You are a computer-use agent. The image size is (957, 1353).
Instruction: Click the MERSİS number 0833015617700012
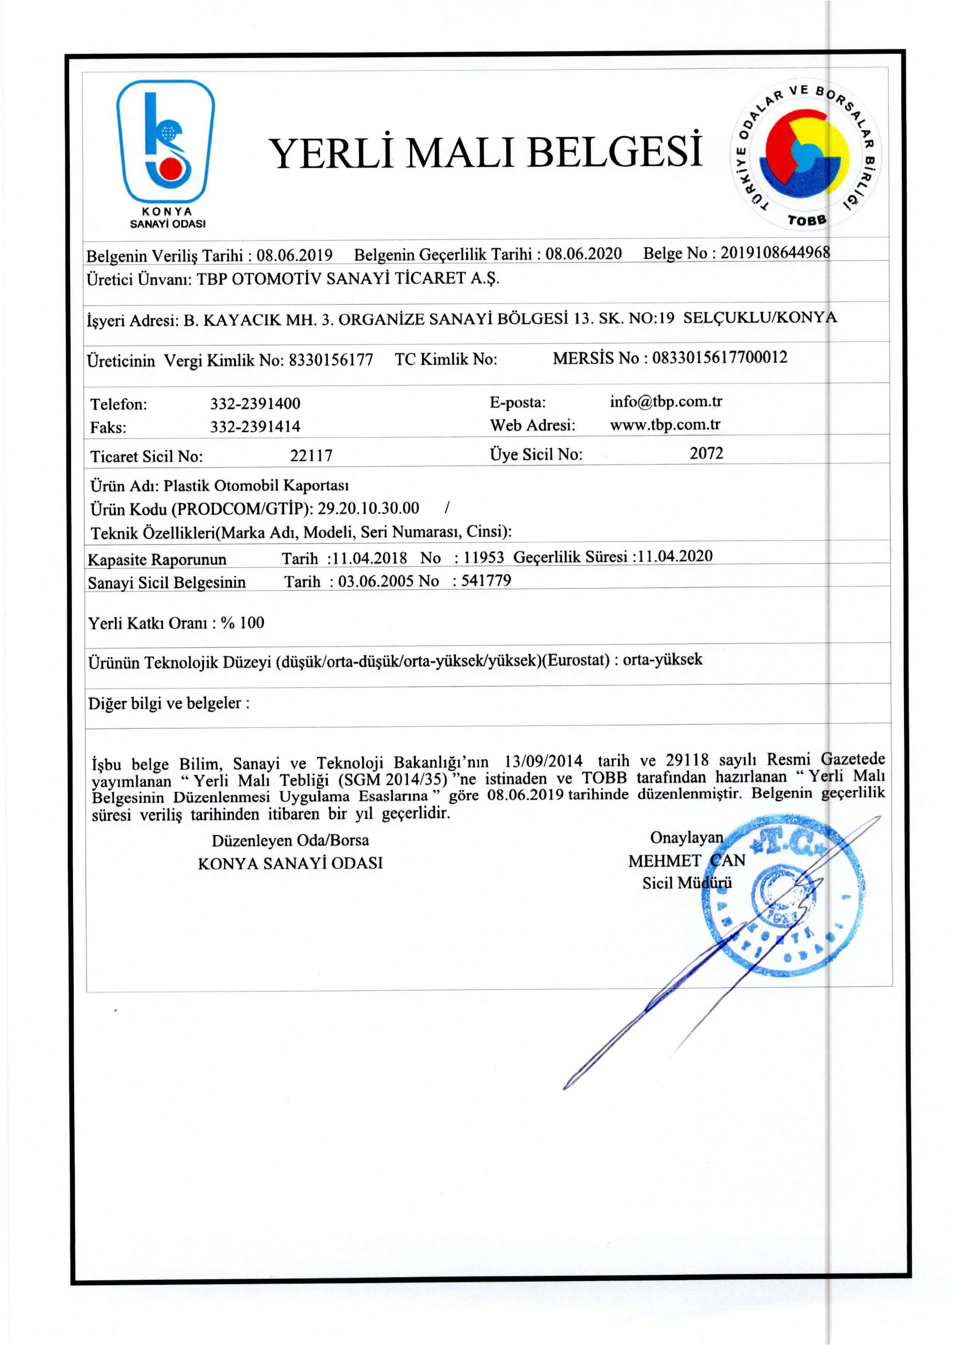pyautogui.click(x=719, y=358)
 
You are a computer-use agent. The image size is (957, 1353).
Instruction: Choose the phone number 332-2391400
pyautogui.click(x=255, y=404)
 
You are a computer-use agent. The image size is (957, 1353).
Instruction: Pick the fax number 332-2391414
pyautogui.click(x=255, y=426)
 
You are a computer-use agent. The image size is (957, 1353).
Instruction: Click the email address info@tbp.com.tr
pyautogui.click(x=666, y=402)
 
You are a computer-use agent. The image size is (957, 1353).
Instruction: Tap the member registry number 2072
pyautogui.click(x=707, y=453)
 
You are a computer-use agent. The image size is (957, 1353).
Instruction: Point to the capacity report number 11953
pyautogui.click(x=484, y=557)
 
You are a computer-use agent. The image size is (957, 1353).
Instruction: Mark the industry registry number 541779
pyautogui.click(x=486, y=580)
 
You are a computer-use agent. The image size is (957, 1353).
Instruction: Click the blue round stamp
pyautogui.click(x=783, y=894)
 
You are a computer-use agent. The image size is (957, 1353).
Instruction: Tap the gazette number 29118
pyautogui.click(x=687, y=760)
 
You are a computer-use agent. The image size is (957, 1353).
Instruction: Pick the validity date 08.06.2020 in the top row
pyautogui.click(x=583, y=254)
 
